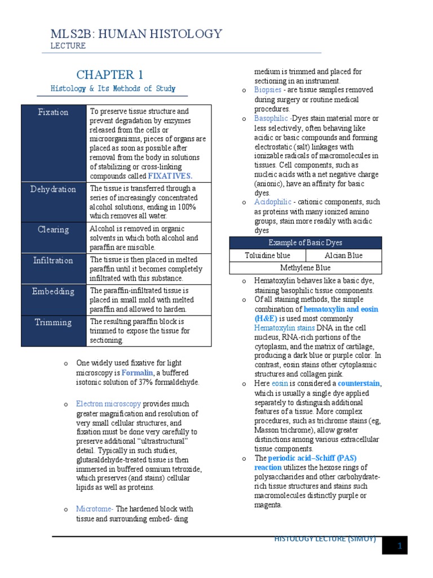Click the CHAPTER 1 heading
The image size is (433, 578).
(109, 75)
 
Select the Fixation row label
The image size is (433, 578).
(53, 112)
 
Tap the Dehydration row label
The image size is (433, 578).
(53, 189)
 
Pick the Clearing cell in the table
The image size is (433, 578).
(53, 230)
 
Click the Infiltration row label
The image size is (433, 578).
(53, 260)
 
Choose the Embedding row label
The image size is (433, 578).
(53, 291)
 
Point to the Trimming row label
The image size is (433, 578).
(53, 322)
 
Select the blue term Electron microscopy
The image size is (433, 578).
(109, 404)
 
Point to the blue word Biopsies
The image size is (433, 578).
(267, 90)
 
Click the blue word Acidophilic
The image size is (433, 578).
(273, 202)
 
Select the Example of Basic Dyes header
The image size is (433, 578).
(305, 243)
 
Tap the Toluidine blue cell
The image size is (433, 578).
(267, 255)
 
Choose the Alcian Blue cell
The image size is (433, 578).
(343, 255)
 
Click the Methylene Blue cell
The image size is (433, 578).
(305, 268)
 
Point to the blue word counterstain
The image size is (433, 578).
(359, 384)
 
